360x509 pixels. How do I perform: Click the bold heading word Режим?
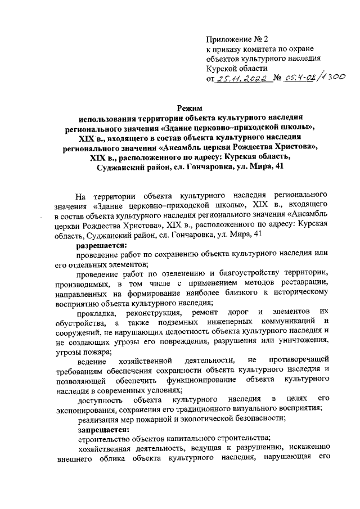[x=190, y=107]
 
